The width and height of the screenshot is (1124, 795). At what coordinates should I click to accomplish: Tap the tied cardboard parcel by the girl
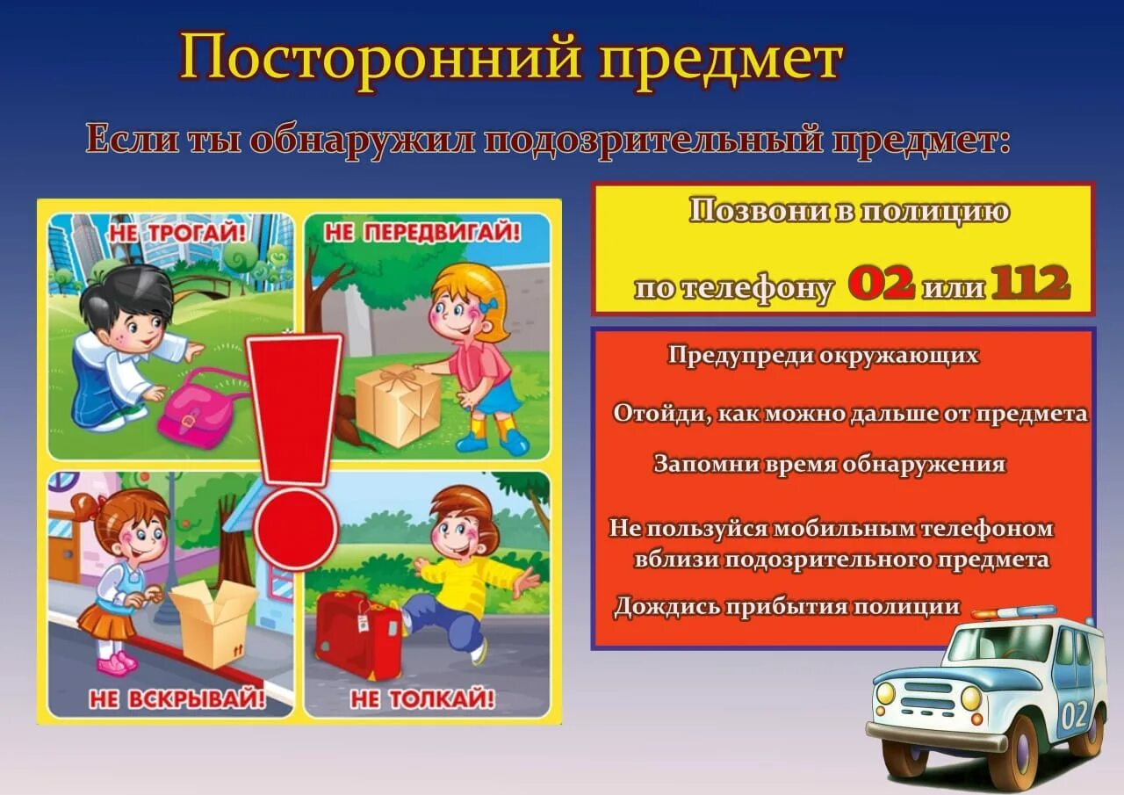pos(397,405)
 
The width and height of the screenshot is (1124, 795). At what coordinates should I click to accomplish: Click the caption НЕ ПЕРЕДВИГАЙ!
pos(422,232)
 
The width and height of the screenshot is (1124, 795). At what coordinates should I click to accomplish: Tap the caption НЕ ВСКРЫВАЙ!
pos(177,699)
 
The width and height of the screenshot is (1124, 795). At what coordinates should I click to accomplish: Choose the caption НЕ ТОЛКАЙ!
pos(422,699)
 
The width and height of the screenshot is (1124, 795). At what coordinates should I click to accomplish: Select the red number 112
pos(1031,284)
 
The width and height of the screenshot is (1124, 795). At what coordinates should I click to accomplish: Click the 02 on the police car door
pos(1074,714)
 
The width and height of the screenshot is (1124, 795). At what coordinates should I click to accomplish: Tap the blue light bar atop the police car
pos(1013,612)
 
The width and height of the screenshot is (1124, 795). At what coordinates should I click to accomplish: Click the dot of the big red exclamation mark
pos(295,527)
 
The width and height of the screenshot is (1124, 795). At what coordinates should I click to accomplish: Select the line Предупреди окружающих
pos(823,356)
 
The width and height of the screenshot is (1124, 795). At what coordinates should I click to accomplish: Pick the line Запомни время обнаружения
pos(829,465)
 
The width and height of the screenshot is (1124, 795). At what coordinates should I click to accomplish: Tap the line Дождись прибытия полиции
pos(786,607)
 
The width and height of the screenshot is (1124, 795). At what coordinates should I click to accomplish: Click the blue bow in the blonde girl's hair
pos(492,304)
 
